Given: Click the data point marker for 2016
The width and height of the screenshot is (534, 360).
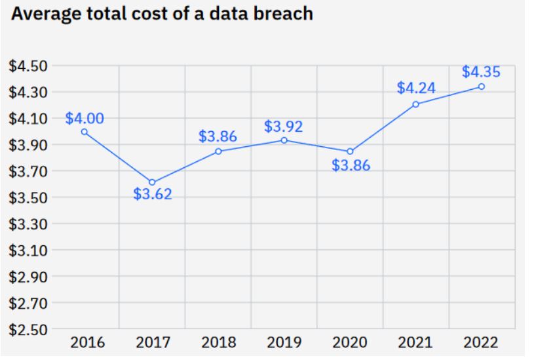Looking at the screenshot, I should pyautogui.click(x=85, y=132).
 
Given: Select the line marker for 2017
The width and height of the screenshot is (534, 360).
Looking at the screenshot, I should pyautogui.click(x=152, y=182).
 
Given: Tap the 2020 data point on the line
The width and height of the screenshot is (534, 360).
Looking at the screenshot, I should pyautogui.click(x=350, y=151).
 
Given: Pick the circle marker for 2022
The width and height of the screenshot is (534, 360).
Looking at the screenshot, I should pyautogui.click(x=482, y=87).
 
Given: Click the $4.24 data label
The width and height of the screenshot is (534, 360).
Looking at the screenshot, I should pyautogui.click(x=416, y=88).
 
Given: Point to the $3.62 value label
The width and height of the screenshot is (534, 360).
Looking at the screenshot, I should pyautogui.click(x=152, y=195).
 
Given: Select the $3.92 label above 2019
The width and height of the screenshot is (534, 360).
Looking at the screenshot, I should pyautogui.click(x=284, y=127).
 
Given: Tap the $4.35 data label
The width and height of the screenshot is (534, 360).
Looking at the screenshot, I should pyautogui.click(x=481, y=71).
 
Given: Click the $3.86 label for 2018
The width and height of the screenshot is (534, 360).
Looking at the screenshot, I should pyautogui.click(x=218, y=137).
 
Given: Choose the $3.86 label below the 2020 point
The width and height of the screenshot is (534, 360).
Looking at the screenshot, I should pyautogui.click(x=351, y=166).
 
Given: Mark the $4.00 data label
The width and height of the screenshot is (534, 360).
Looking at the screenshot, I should pyautogui.click(x=85, y=119).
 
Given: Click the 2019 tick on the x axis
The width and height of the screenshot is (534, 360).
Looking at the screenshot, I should pyautogui.click(x=284, y=342).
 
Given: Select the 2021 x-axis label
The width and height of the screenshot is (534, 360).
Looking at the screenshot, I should pyautogui.click(x=415, y=342).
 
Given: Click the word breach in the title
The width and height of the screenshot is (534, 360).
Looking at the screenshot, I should pyautogui.click(x=281, y=14).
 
